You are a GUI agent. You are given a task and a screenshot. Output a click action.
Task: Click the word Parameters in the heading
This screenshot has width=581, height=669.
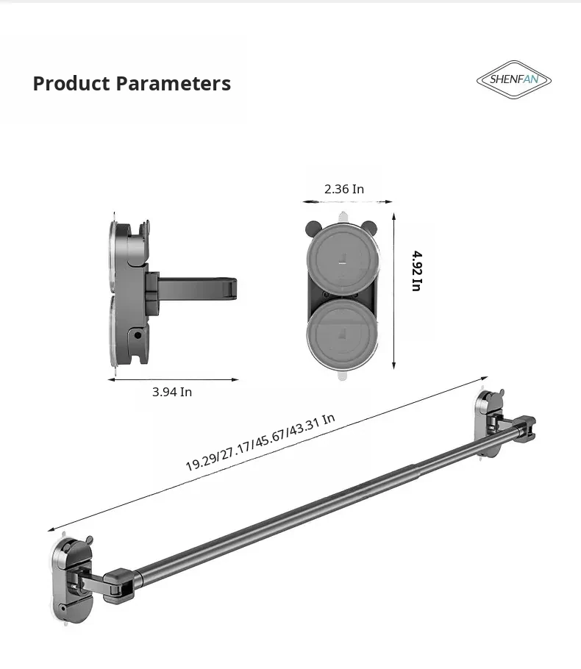[174, 83]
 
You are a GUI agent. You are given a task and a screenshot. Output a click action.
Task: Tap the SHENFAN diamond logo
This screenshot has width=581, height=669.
[514, 79]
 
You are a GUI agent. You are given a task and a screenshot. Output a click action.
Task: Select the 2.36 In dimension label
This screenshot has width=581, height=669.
[344, 189]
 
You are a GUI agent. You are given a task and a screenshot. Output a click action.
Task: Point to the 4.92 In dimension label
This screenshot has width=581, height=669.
[417, 271]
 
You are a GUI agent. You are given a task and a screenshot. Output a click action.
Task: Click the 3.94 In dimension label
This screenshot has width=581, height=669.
[172, 392]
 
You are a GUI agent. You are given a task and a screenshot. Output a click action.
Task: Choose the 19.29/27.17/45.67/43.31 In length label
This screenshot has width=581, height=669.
[260, 442]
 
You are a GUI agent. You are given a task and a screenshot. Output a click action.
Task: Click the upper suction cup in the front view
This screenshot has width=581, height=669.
[342, 260]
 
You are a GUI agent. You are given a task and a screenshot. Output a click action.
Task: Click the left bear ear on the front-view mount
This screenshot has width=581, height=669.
[313, 227]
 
